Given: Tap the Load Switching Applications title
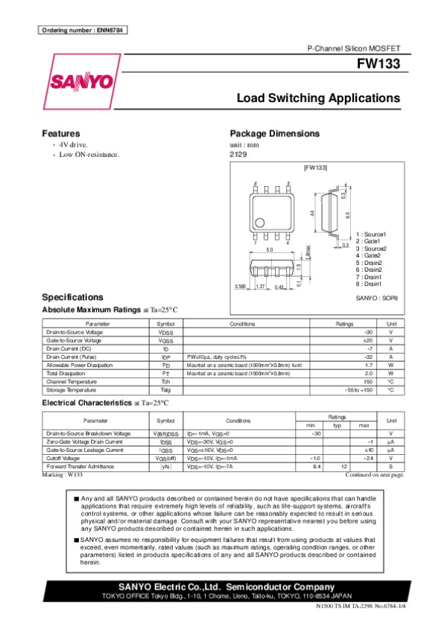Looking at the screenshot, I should (x=318, y=98).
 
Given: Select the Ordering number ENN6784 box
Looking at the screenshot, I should (x=83, y=30).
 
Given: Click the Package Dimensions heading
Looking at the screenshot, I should (x=275, y=134).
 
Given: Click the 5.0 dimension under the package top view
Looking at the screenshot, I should (x=269, y=249).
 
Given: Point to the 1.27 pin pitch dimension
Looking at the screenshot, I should (x=260, y=287).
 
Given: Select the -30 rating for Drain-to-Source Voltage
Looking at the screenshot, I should (x=367, y=332).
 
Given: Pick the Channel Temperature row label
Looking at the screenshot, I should (x=70, y=382).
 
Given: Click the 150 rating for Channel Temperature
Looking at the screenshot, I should (x=367, y=382).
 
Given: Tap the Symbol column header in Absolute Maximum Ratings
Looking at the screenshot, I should (x=165, y=324).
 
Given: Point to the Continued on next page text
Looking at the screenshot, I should (x=375, y=474).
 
